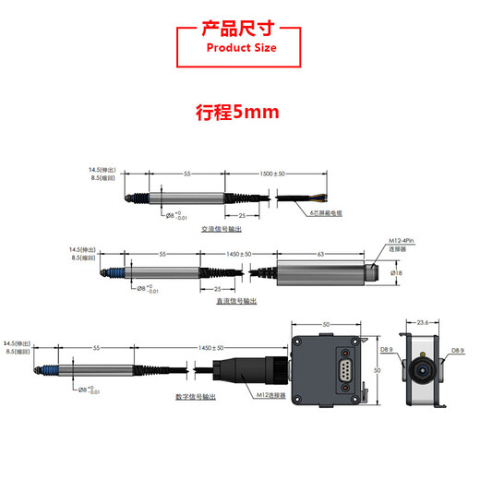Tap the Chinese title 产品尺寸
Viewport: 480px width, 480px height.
(240, 28)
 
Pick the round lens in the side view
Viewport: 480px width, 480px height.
(423, 368)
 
